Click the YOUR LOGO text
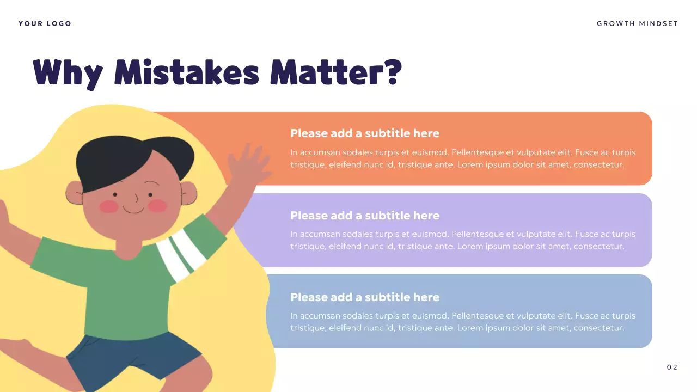click(45, 23)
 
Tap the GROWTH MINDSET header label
click(637, 23)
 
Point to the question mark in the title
click(392, 72)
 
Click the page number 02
click(672, 367)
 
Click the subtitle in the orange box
click(364, 133)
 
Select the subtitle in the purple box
click(364, 216)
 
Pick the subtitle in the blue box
click(364, 297)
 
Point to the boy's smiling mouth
click(133, 209)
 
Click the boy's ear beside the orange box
click(188, 193)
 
